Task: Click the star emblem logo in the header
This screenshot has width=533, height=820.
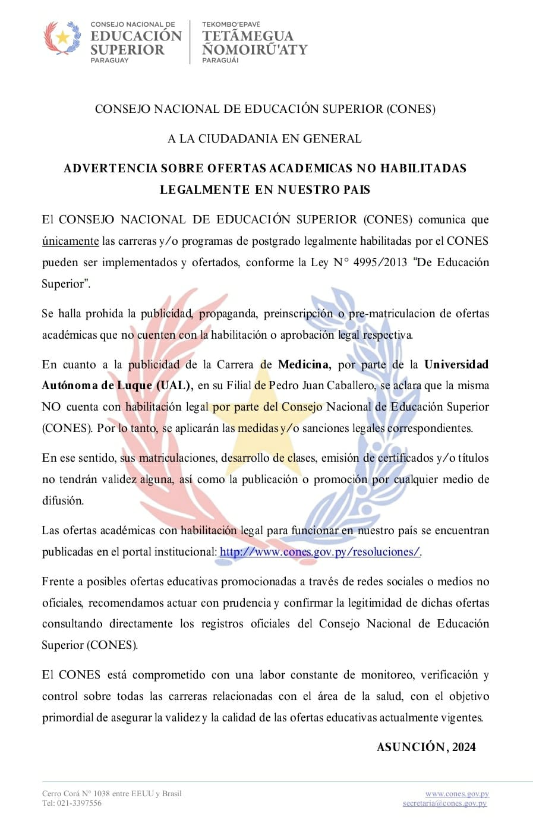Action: point(62,38)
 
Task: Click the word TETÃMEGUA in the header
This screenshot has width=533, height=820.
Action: point(247,36)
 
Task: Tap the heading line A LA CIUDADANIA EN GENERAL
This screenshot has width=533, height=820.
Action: point(264,138)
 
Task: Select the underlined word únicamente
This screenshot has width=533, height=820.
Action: point(70,241)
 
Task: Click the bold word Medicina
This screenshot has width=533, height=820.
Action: point(303,364)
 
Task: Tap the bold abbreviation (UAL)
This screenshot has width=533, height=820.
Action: point(174,385)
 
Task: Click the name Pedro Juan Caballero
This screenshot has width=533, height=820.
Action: point(321,385)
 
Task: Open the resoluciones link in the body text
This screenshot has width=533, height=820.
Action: point(320,551)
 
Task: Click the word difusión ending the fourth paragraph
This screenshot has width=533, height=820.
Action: point(62,500)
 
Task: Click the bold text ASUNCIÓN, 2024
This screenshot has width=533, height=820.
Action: point(426,747)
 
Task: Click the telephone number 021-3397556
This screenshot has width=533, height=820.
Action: point(79,803)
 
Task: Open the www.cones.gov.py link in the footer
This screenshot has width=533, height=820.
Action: point(457,793)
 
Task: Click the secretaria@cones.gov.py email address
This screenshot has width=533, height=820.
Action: point(444,803)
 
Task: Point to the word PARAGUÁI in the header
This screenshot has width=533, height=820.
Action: point(220,60)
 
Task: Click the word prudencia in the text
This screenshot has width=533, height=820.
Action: point(247,603)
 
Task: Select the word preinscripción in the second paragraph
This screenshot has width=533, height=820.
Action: point(298,313)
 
